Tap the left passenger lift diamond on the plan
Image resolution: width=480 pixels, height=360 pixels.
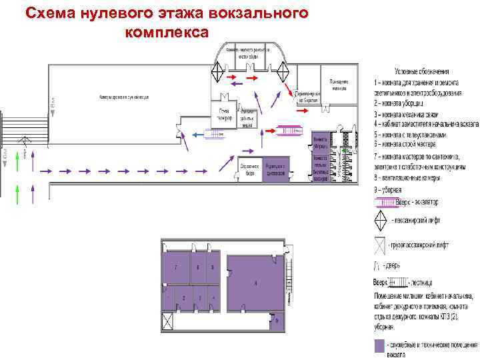(x=219, y=68)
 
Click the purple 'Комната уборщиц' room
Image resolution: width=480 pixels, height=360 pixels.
(x=319, y=142)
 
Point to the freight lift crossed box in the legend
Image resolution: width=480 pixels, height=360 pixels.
(x=379, y=245)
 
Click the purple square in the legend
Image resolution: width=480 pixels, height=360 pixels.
(x=379, y=345)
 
